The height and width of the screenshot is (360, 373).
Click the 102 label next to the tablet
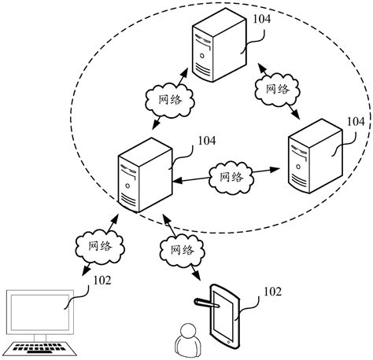[272, 292]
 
